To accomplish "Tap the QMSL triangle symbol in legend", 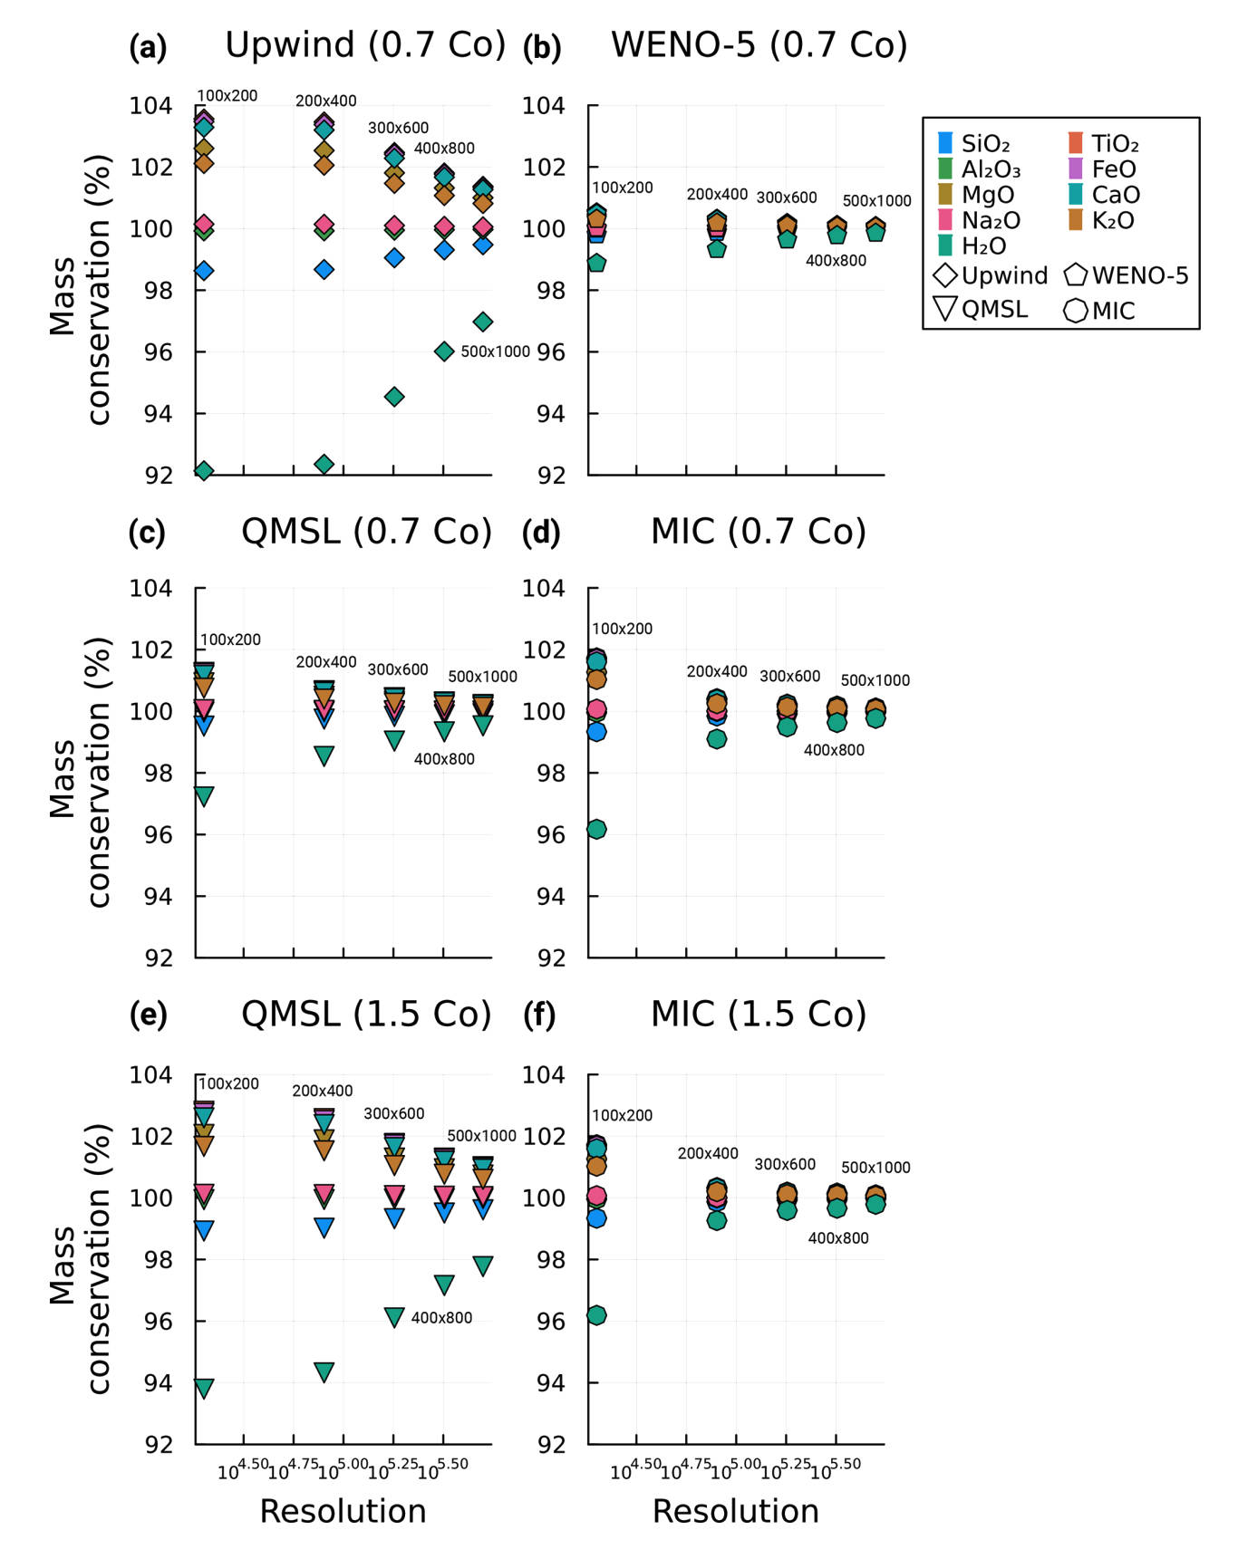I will click(945, 309).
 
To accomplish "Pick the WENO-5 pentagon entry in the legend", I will click(1076, 275).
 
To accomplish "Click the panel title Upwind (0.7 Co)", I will click(365, 44).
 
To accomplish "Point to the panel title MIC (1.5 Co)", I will click(759, 1014).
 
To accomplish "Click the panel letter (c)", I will click(147, 533).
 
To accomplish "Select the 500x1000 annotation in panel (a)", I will click(495, 351).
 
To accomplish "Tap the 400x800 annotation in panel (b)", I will click(836, 261).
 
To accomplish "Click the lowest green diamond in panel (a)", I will click(204, 470).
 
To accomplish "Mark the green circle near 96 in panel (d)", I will click(596, 829).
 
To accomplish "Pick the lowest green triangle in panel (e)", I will click(204, 1388).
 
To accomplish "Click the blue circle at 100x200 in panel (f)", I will click(596, 1218).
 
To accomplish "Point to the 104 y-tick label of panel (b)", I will click(543, 106).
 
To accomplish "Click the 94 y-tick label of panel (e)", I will click(150, 1382).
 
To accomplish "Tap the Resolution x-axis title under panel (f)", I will click(735, 1510).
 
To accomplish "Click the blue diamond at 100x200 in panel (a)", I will click(204, 271).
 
